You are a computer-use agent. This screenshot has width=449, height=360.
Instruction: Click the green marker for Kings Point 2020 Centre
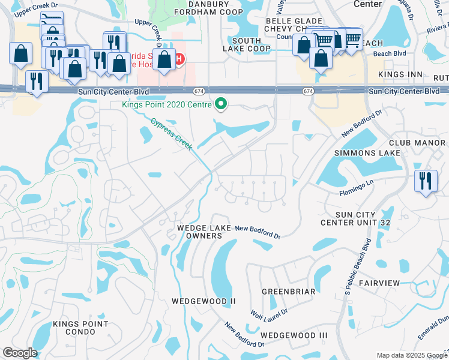point(221,104)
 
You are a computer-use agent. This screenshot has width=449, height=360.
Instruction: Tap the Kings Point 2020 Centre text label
point(166,104)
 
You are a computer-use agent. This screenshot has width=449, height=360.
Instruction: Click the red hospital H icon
point(179,59)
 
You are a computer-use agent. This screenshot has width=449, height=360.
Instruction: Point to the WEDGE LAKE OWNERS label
point(199,232)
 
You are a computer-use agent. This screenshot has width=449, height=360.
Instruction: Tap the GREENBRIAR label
point(289,292)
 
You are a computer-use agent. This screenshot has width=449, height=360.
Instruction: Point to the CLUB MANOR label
point(418,143)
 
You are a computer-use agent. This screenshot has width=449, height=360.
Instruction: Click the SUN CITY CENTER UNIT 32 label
point(356,219)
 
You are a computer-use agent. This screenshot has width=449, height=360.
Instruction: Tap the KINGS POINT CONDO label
point(81,328)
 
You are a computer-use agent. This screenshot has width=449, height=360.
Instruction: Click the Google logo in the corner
point(20,353)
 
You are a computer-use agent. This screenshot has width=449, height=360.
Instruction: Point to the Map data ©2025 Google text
point(411,355)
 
